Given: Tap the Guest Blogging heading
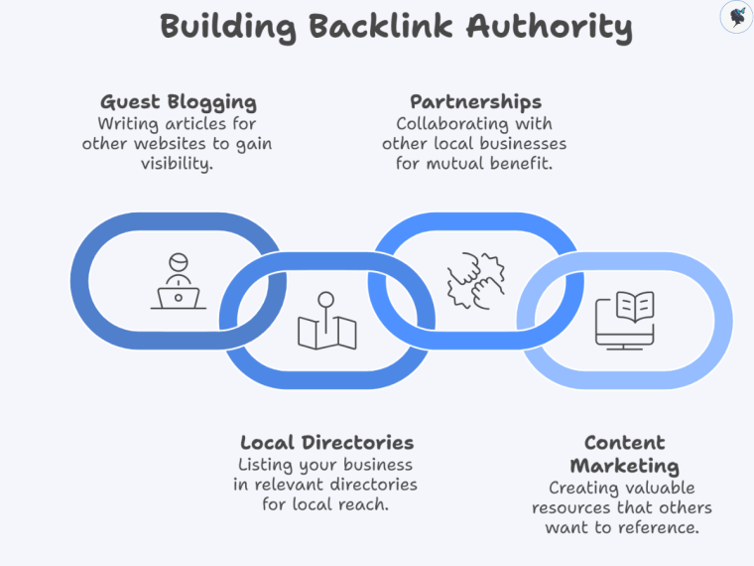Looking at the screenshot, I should [179, 102].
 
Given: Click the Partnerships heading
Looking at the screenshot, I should [475, 102].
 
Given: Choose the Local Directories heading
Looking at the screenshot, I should [326, 443].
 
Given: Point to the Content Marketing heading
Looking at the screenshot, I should [624, 455].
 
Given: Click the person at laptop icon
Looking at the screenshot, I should [179, 282].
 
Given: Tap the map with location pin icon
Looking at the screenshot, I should [326, 322].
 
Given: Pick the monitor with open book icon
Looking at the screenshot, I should [624, 319].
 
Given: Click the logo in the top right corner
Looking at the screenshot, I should [735, 17].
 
